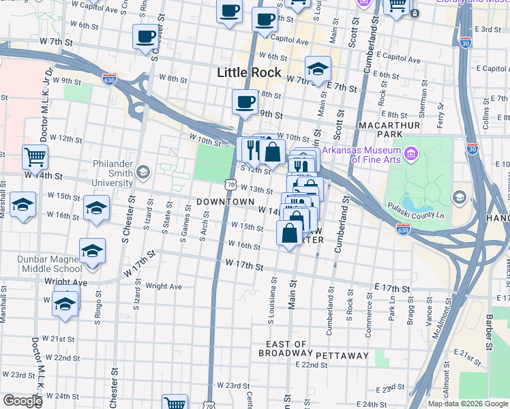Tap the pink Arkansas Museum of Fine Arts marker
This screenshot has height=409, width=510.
tap(410, 153)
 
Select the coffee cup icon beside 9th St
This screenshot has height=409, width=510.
tap(245, 102)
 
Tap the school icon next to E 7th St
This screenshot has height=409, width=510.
tap(317, 69)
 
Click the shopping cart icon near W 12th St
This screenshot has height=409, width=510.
tap(35, 157)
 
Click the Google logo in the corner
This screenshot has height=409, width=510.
tap(22, 401)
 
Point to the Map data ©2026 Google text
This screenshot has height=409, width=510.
tap(468, 404)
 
